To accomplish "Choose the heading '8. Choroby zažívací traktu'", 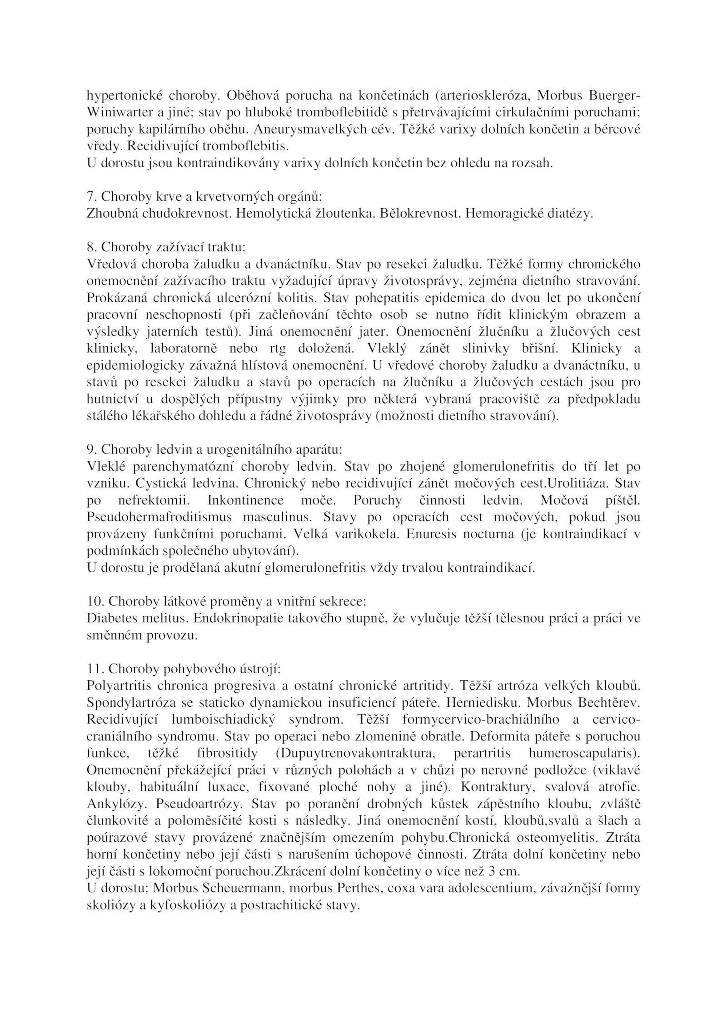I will pyautogui.click(x=166, y=247).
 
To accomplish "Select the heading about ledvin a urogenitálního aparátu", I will pyautogui.click(x=214, y=449).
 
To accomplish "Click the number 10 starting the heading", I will pyautogui.click(x=93, y=601).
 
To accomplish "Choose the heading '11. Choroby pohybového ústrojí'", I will pyautogui.click(x=184, y=669).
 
